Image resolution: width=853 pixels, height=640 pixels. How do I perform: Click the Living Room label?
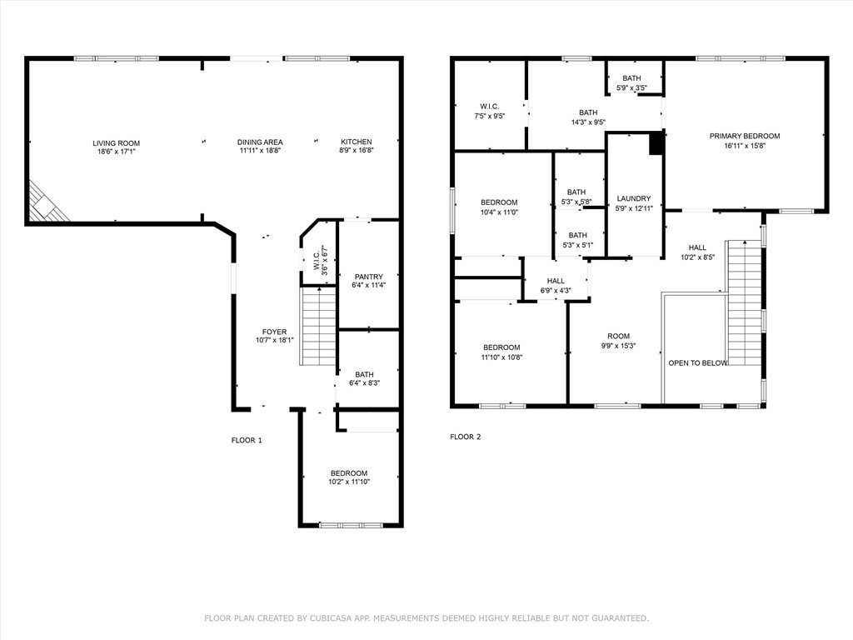point(117,143)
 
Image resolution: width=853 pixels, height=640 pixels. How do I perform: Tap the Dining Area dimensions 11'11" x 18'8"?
point(260,151)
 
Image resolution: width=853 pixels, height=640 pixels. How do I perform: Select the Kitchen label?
point(357,142)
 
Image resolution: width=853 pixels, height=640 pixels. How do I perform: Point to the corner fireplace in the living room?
point(47,202)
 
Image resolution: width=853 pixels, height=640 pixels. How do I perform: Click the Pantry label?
point(369,277)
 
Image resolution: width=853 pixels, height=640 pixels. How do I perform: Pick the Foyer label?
point(274,332)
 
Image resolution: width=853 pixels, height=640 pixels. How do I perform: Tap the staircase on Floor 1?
point(317,327)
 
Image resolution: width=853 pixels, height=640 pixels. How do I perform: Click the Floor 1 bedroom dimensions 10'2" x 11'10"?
point(349,482)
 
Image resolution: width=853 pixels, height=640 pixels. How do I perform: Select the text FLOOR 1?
point(247,440)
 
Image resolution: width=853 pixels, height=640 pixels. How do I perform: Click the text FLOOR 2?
point(466,437)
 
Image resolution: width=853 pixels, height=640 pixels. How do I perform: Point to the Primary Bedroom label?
point(745,136)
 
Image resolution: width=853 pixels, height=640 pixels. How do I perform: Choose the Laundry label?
point(634,198)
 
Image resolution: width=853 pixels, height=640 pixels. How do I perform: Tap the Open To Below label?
point(698,363)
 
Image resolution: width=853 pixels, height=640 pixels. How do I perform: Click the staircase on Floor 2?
point(744,302)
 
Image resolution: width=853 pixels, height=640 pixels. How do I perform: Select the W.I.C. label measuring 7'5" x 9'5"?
point(490,106)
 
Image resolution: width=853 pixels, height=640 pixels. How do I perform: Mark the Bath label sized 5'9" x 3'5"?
point(632,78)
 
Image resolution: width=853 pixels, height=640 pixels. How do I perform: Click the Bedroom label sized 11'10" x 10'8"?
point(501,347)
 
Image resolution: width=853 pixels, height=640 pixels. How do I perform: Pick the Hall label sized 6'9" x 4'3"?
point(556,281)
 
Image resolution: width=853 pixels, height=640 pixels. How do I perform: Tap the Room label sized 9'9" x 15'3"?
point(619,337)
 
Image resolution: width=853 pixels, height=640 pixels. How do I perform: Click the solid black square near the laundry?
point(657,142)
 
